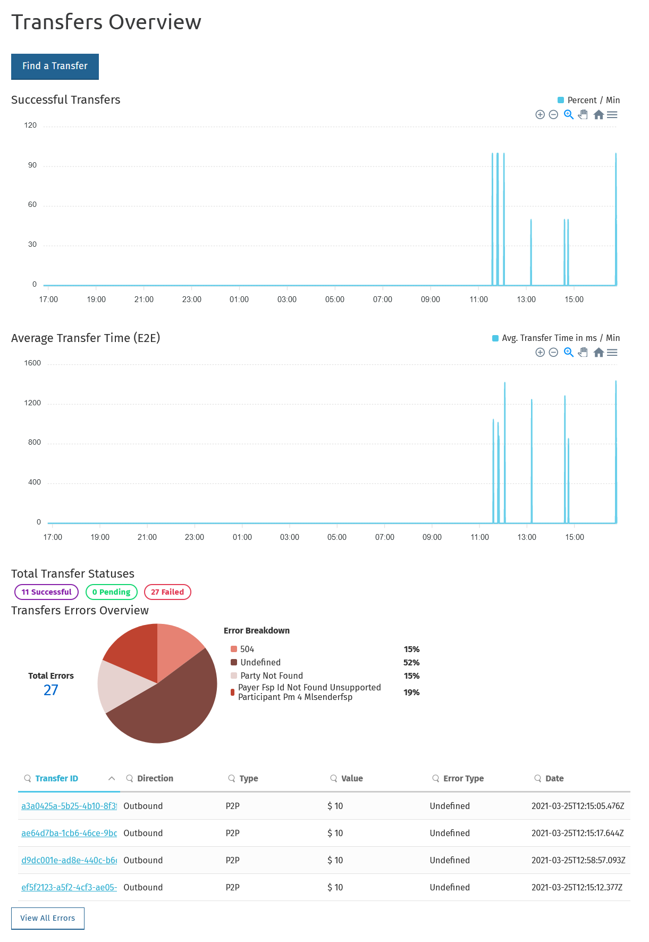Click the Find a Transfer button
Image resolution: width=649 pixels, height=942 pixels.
point(55,66)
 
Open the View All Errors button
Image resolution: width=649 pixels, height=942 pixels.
point(48,918)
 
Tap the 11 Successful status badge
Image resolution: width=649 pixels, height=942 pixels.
point(46,592)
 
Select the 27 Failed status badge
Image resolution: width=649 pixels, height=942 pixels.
point(167,592)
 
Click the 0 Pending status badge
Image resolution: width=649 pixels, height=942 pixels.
point(111,592)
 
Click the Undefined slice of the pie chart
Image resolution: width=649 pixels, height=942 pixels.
point(170,707)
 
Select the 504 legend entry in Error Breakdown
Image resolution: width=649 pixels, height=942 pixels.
point(247,649)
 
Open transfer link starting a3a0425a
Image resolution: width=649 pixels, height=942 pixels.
point(69,806)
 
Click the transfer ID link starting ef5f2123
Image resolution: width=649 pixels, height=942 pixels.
point(69,887)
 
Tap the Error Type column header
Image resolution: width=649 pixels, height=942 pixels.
point(463,779)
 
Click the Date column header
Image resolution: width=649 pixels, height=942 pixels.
point(554,779)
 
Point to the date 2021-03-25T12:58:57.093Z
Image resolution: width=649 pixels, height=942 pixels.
point(578,860)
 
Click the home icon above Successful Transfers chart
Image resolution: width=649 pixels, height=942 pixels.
point(599,115)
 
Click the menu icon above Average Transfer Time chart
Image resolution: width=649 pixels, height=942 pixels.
point(612,353)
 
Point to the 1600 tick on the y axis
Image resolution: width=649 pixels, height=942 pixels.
point(32,363)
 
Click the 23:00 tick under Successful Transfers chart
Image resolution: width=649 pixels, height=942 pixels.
point(192,299)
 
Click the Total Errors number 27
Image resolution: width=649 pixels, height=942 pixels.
point(51,690)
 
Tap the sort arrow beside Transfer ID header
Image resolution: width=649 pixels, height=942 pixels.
point(112,779)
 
